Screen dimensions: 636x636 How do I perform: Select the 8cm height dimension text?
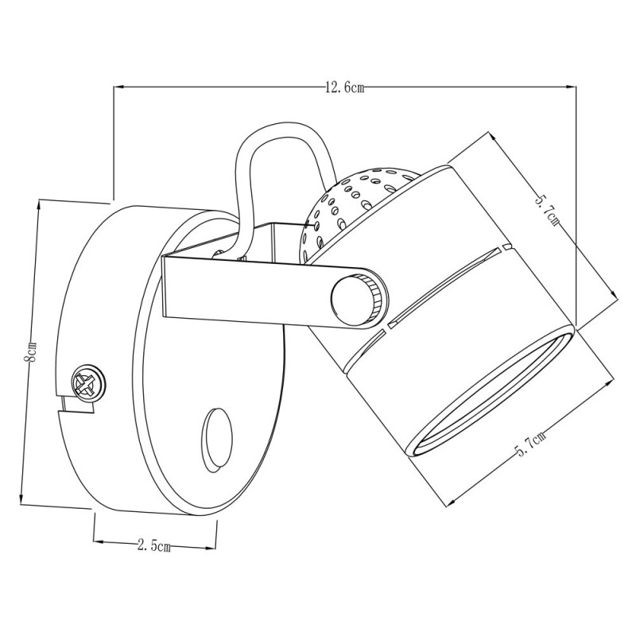pyautogui.click(x=30, y=352)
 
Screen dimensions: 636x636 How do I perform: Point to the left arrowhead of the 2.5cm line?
pyautogui.click(x=97, y=543)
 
